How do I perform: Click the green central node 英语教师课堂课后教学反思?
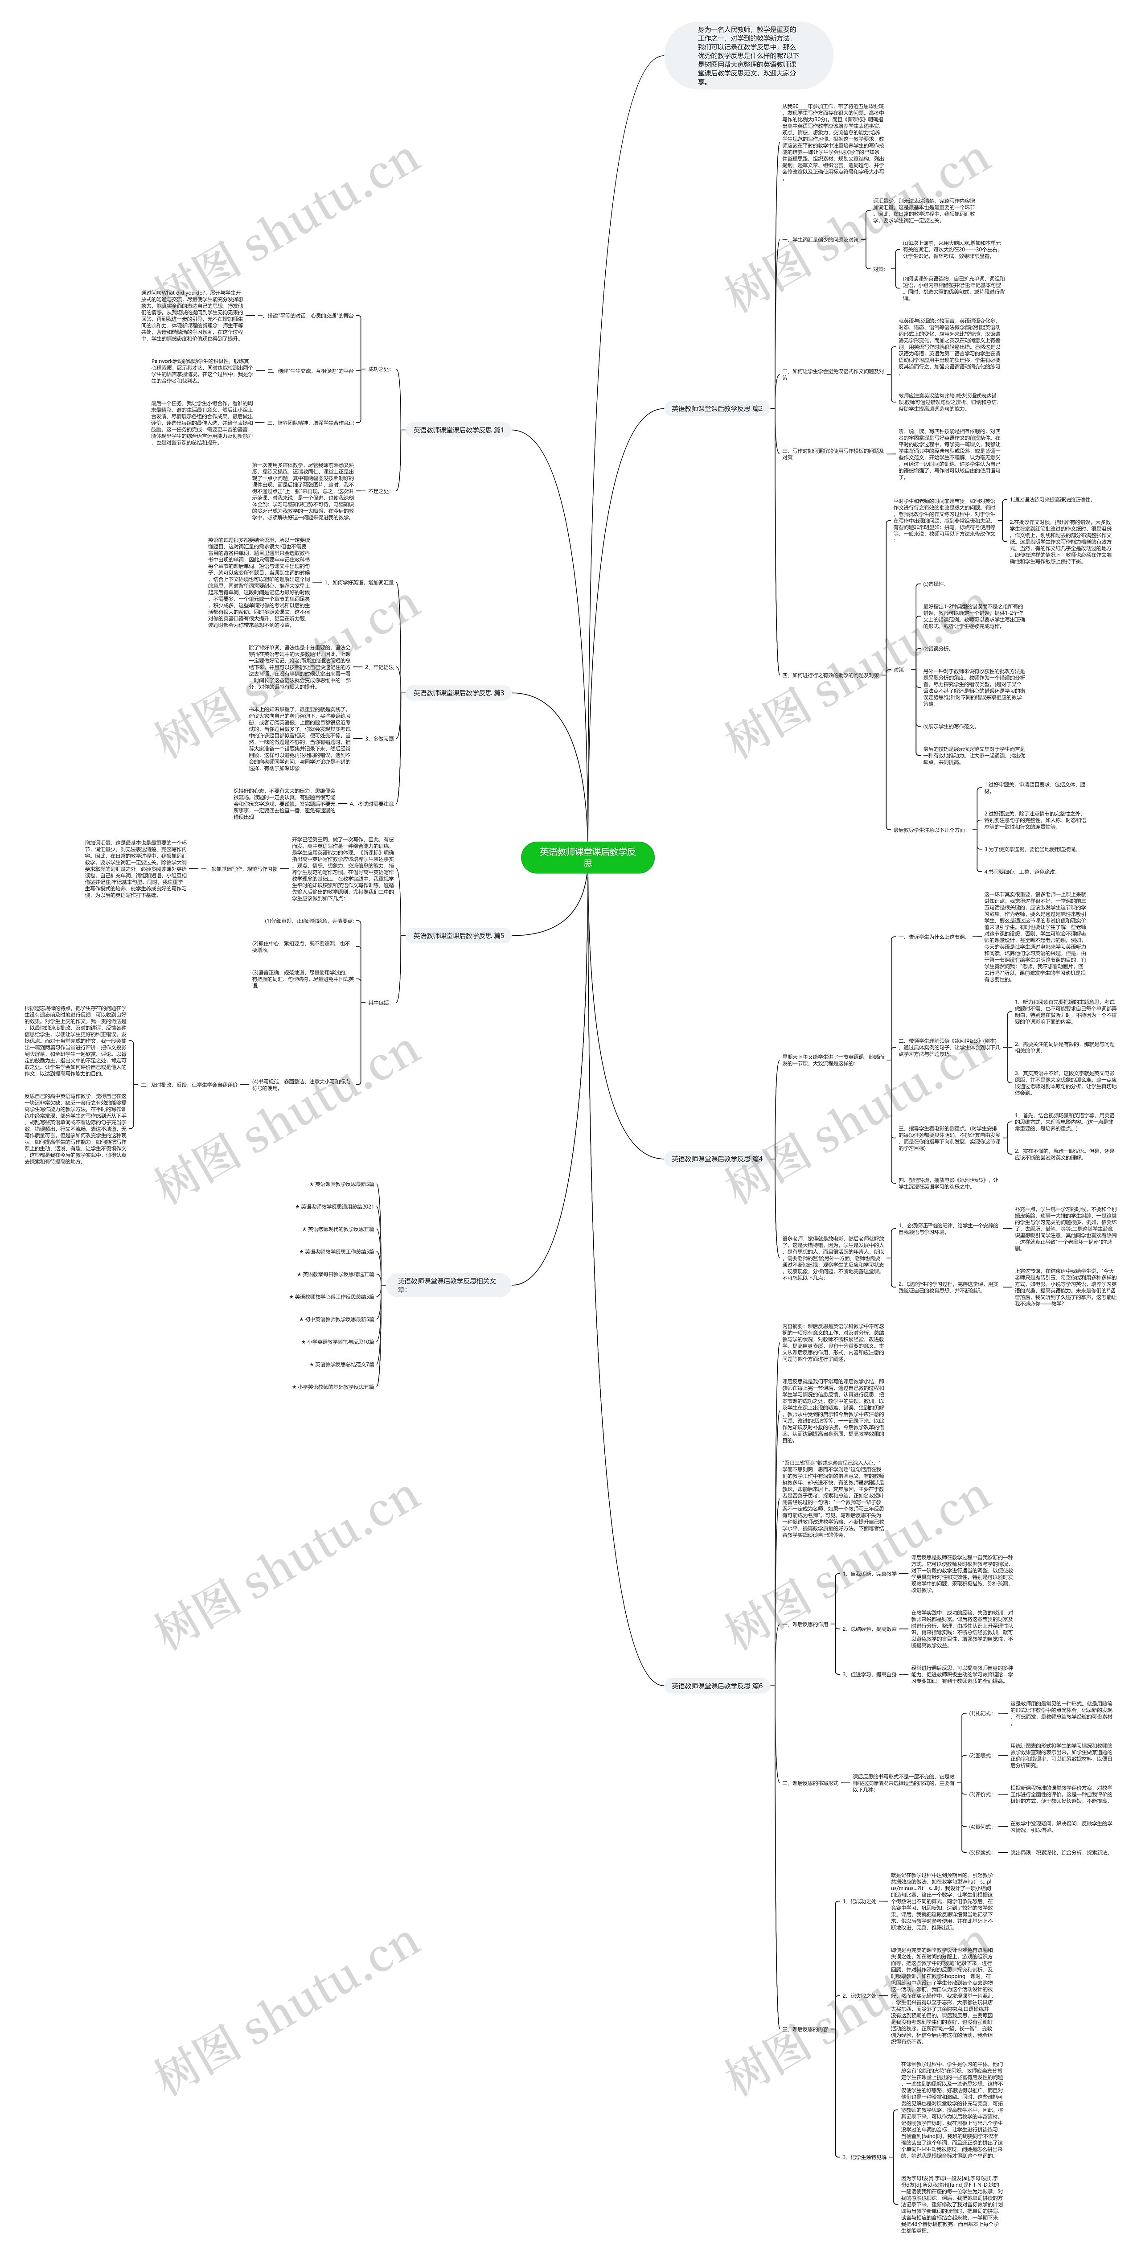pyautogui.click(x=587, y=857)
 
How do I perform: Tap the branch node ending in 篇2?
pyautogui.click(x=717, y=408)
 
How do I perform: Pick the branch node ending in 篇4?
pyautogui.click(x=717, y=1159)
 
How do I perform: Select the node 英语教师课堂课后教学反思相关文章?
pyautogui.click(x=447, y=1285)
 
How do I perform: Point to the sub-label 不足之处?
pyautogui.click(x=378, y=491)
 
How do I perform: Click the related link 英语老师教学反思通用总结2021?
pyautogui.click(x=337, y=1206)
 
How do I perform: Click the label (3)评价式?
pyautogui.click(x=980, y=1794)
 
